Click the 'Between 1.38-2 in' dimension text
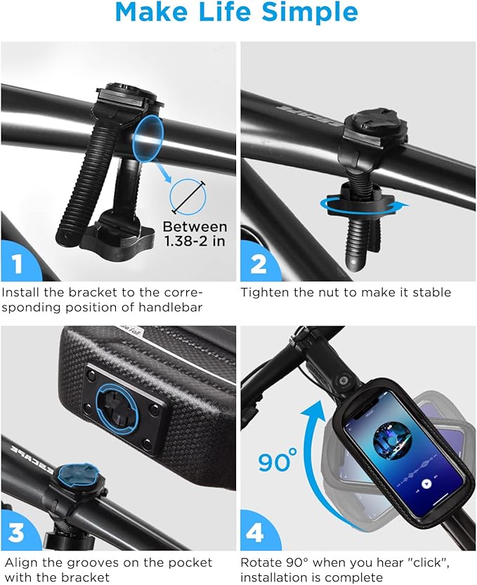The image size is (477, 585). [x=195, y=234]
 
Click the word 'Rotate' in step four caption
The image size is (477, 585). [x=261, y=563]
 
